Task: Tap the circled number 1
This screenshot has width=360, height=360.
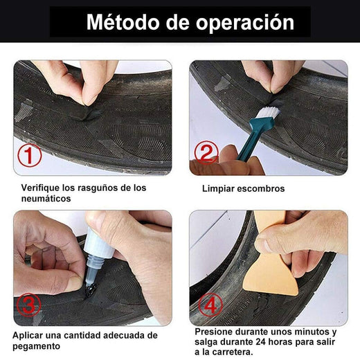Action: [29, 156]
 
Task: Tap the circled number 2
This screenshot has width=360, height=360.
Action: [206, 152]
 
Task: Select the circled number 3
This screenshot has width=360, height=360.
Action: [29, 304]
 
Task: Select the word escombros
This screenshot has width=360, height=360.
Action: [262, 188]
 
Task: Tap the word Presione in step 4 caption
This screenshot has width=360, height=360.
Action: [215, 332]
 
